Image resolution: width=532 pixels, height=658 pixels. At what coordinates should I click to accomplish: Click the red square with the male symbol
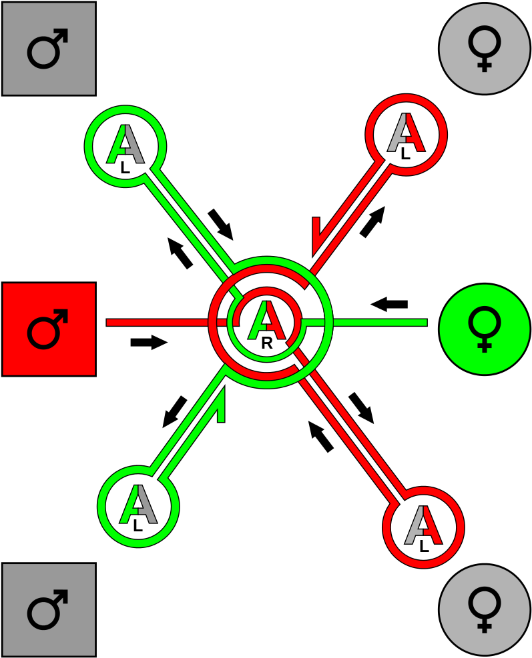(49, 329)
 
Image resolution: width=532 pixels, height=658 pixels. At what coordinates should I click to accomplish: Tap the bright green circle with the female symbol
(484, 329)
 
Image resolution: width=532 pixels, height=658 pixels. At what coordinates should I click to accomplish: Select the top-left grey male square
(49, 49)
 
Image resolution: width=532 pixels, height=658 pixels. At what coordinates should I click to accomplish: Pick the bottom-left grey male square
(49, 609)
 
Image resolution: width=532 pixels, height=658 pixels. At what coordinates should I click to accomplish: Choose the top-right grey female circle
(484, 49)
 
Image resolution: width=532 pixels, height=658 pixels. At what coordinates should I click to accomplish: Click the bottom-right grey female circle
(484, 609)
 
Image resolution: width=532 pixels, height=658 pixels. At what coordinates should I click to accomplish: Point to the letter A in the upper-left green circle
(125, 146)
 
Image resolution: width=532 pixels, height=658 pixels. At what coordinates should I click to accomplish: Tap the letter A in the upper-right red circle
(406, 134)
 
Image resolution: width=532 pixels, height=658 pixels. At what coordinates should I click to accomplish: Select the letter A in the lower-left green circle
(138, 506)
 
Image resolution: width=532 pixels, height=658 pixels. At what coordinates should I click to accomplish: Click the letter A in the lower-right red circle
(423, 527)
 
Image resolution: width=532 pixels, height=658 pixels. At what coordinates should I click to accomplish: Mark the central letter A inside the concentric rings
(266, 323)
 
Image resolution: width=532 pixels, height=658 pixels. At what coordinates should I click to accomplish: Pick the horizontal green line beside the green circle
(380, 323)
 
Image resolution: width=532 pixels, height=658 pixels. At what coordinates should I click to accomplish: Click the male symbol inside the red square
(47, 329)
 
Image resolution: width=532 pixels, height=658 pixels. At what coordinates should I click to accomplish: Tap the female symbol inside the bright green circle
(484, 328)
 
